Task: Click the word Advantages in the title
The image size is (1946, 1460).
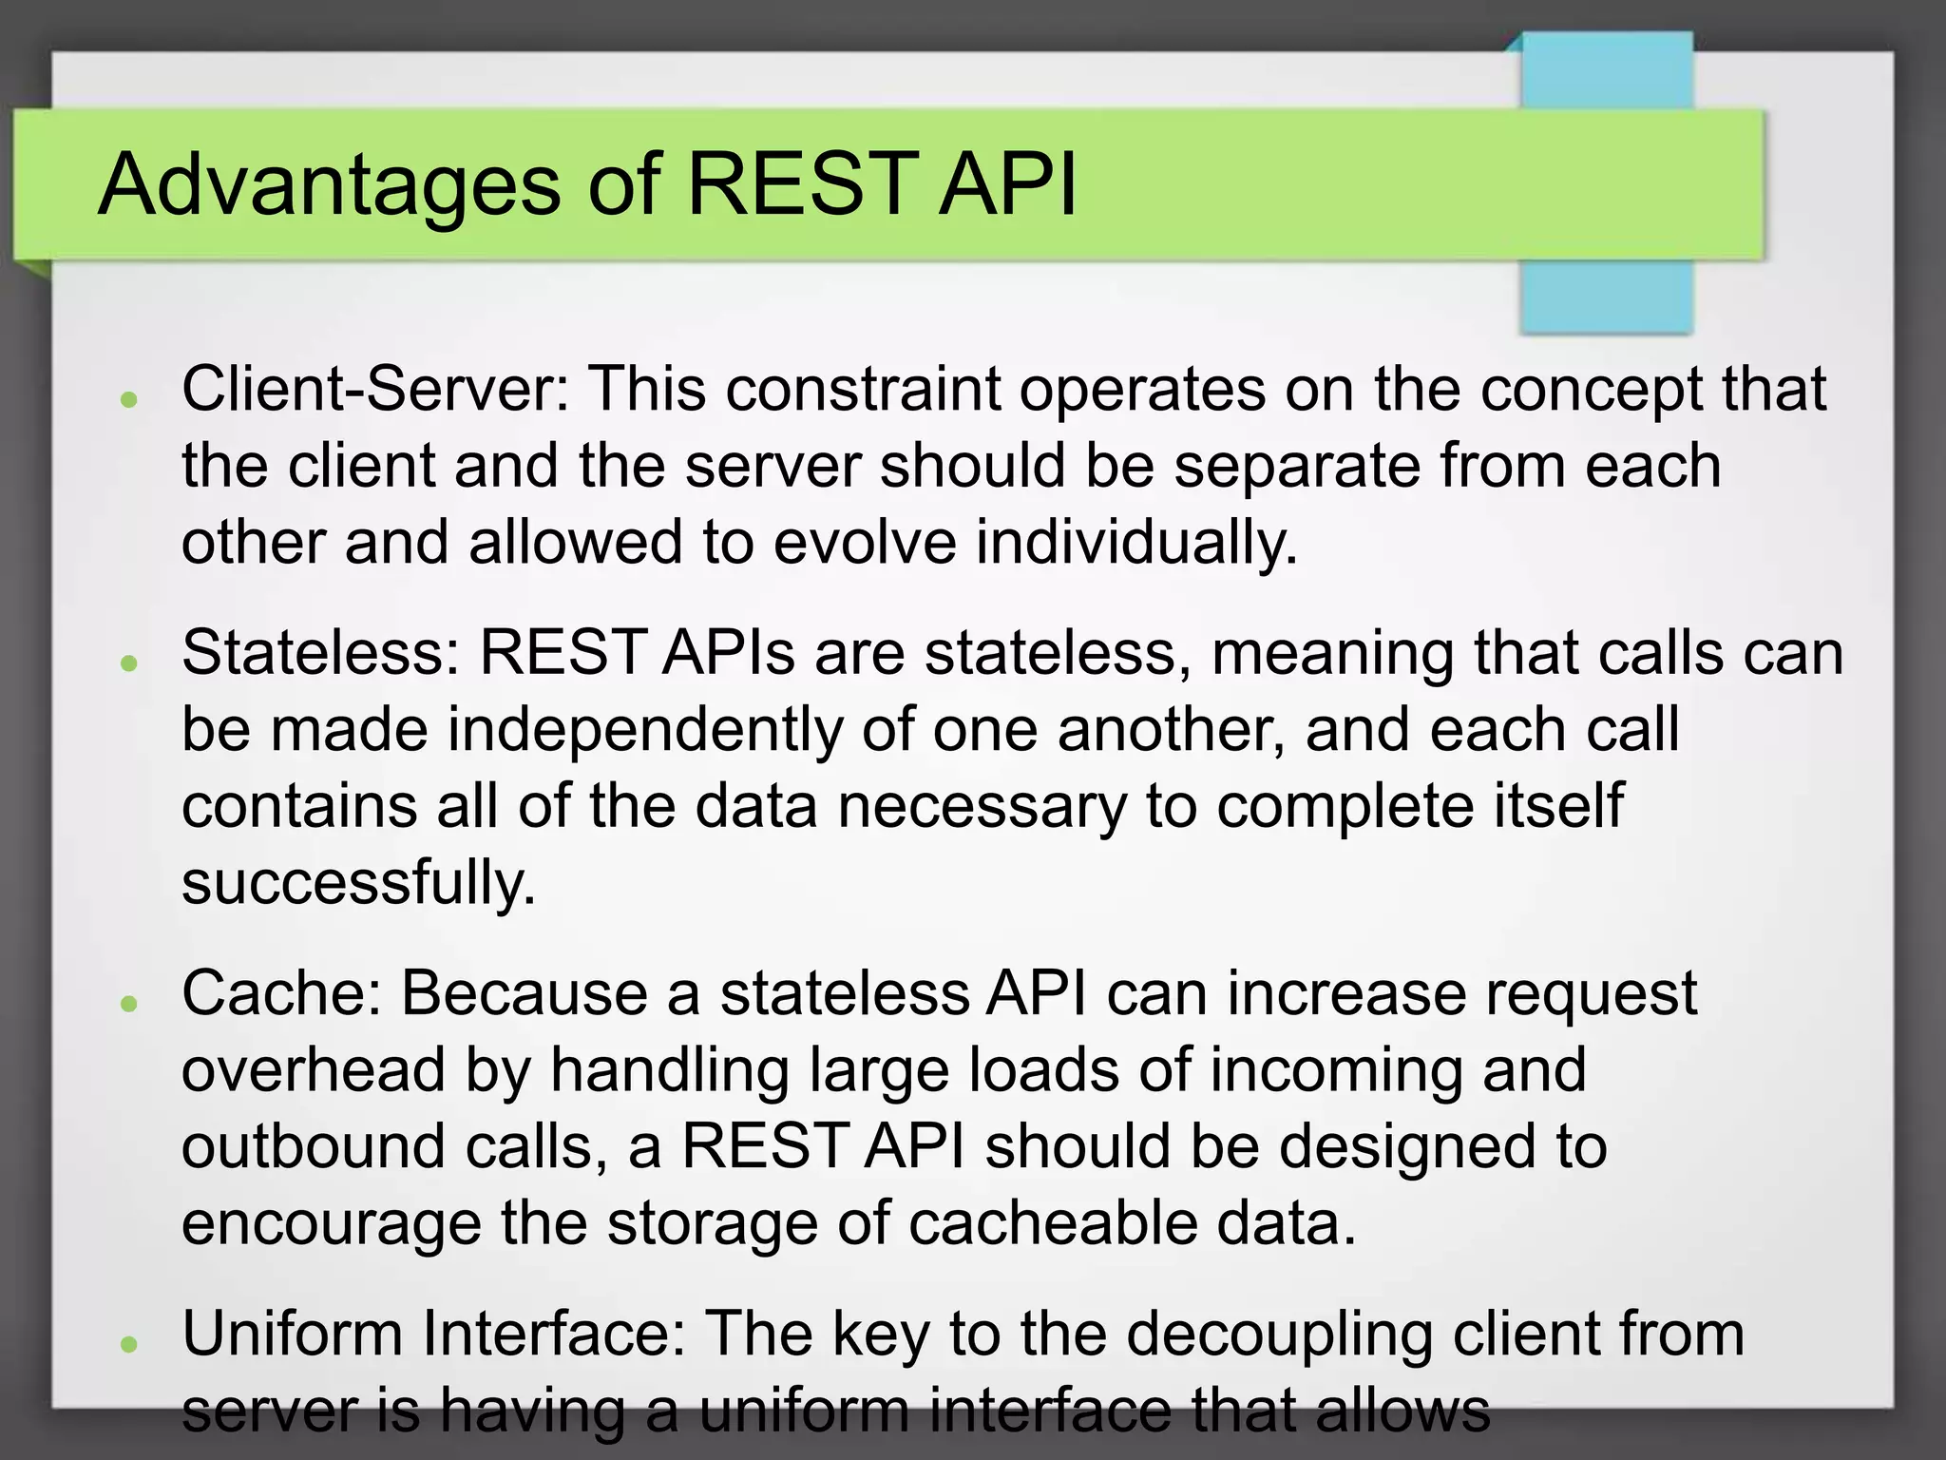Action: [329, 185]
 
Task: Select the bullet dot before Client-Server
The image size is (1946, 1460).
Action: [130, 399]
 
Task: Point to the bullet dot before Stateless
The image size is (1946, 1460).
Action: [130, 663]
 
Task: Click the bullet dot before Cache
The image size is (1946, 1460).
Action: [130, 1003]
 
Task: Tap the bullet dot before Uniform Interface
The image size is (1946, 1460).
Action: [130, 1343]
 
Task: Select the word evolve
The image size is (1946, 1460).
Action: [865, 543]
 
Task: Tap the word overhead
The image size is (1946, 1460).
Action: [314, 1069]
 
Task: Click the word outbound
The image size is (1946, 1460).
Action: [314, 1146]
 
